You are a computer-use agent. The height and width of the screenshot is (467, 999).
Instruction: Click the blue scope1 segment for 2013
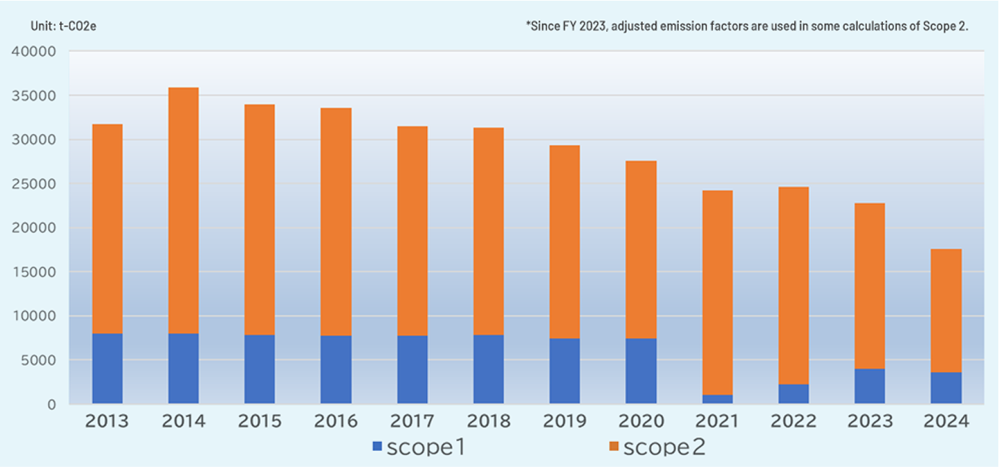click(x=107, y=368)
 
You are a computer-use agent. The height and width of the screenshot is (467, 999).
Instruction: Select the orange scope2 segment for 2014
click(x=183, y=210)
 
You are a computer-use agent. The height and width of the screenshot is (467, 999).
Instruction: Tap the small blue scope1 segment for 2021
click(x=717, y=399)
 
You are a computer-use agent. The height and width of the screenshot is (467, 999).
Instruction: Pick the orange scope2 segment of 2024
click(x=946, y=310)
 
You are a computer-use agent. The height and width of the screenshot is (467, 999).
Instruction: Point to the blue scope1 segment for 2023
click(x=870, y=386)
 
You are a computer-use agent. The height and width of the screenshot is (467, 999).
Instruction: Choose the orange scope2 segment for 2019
click(x=564, y=241)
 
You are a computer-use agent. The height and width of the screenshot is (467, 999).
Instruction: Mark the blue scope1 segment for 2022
click(x=794, y=393)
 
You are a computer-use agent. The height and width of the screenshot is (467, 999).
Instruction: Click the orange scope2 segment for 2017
click(x=412, y=230)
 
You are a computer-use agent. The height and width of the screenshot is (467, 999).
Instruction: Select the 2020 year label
click(x=641, y=422)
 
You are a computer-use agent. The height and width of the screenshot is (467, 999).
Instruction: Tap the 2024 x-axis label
click(x=946, y=422)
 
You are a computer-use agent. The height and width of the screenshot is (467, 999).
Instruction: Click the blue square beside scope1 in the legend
click(x=377, y=448)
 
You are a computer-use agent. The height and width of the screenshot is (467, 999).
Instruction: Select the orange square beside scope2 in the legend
click(x=613, y=448)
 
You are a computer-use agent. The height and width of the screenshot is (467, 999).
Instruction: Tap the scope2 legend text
click(x=664, y=448)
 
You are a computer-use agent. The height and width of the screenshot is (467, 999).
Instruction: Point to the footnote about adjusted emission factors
click(x=747, y=26)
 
